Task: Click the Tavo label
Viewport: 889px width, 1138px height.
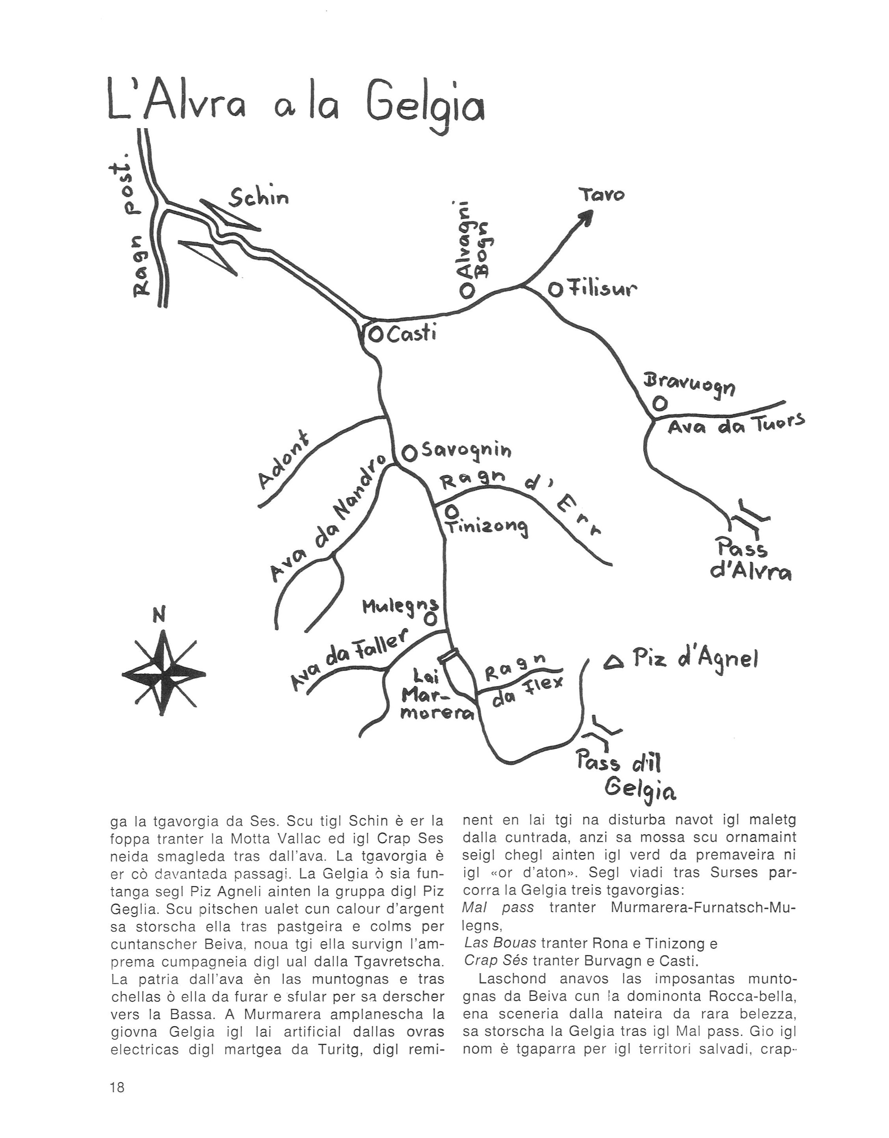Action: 602,195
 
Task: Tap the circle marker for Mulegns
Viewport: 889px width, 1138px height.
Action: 430,619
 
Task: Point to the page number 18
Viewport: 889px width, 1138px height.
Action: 117,1088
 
